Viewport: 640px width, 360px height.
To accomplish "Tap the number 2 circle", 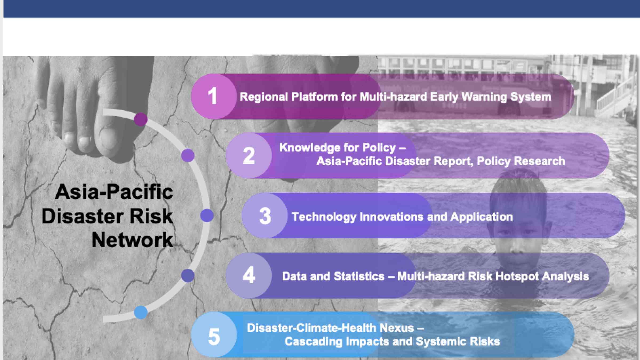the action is (x=249, y=155).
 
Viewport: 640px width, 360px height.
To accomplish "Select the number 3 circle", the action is (x=265, y=215).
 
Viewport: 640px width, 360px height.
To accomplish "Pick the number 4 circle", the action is (x=249, y=275).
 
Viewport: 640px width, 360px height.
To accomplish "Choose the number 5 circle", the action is (x=214, y=335).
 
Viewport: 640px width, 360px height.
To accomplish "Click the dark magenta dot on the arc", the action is (x=141, y=119).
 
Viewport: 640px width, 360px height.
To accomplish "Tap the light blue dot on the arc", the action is (x=141, y=312).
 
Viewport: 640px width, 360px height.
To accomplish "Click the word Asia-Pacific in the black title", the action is (x=114, y=192).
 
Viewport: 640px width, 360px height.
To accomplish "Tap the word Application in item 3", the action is (x=482, y=217).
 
